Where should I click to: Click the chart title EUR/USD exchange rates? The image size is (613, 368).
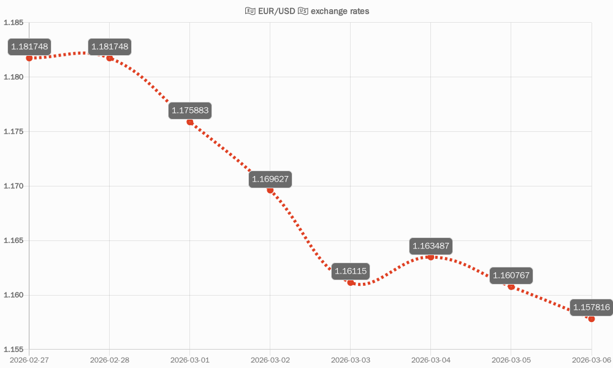click(307, 11)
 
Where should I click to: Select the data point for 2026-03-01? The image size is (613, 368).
click(190, 122)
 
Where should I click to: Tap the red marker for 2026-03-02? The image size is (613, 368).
click(270, 190)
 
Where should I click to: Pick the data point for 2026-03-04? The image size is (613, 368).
click(431, 257)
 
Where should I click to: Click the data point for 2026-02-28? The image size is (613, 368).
click(110, 58)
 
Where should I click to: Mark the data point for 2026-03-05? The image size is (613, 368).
click(511, 286)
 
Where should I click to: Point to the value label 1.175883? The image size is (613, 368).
click(190, 111)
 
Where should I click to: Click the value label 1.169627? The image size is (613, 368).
click(270, 180)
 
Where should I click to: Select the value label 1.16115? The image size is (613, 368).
click(351, 271)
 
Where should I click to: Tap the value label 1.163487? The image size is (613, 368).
click(431, 246)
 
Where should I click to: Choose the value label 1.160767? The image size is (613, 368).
click(511, 275)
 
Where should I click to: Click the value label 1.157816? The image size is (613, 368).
click(591, 307)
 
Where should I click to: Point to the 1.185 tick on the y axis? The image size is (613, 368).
click(13, 23)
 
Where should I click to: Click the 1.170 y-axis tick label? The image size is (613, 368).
click(13, 186)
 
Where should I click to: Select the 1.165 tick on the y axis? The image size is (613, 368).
click(13, 240)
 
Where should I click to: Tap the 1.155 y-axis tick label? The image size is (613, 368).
click(13, 350)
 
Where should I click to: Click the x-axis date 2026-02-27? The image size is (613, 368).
click(29, 359)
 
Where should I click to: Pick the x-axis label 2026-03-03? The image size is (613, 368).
click(351, 359)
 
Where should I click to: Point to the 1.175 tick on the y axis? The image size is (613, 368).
click(13, 132)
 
